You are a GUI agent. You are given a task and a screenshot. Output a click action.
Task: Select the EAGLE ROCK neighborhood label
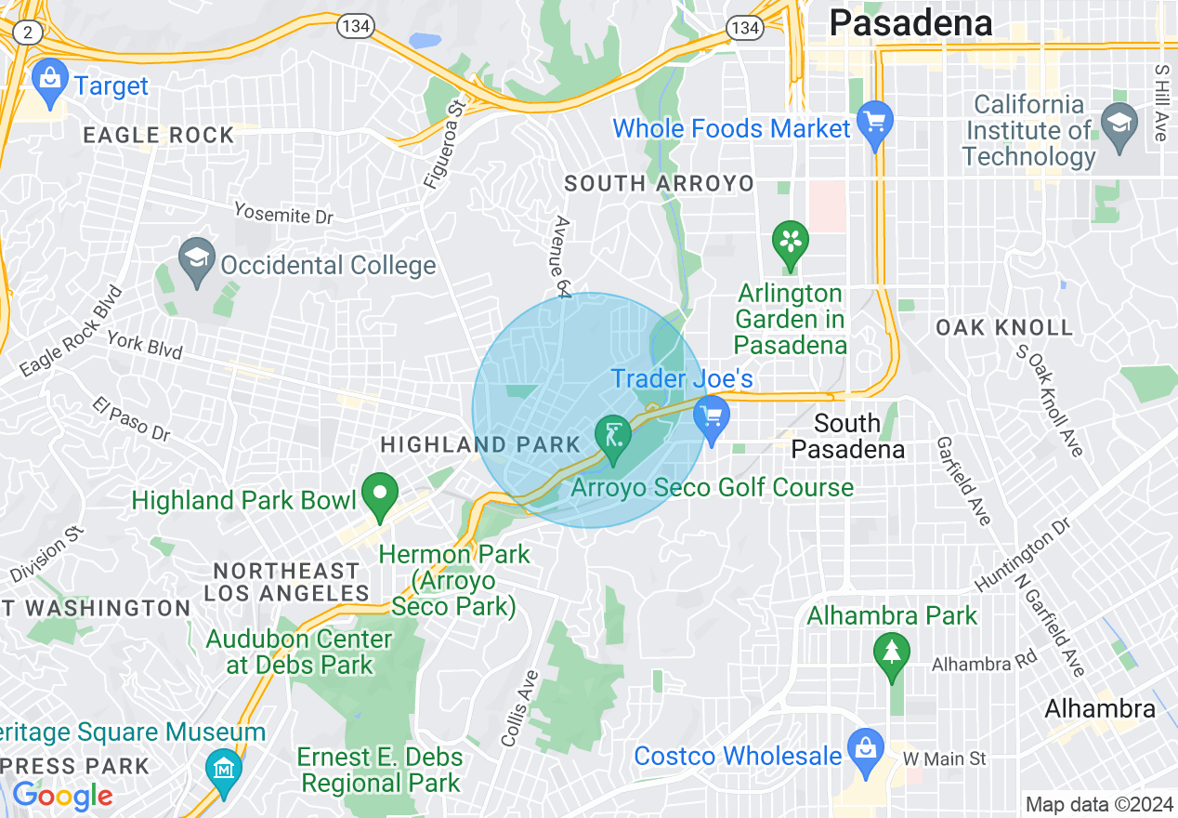coord(159,136)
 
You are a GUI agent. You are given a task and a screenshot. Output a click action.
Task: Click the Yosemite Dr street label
coord(283,213)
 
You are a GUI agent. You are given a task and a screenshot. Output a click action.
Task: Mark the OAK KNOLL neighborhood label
coord(1004,327)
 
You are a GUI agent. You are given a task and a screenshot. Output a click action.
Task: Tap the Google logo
coord(62,796)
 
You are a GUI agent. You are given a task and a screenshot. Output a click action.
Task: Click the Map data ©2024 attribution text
coord(1097,804)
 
